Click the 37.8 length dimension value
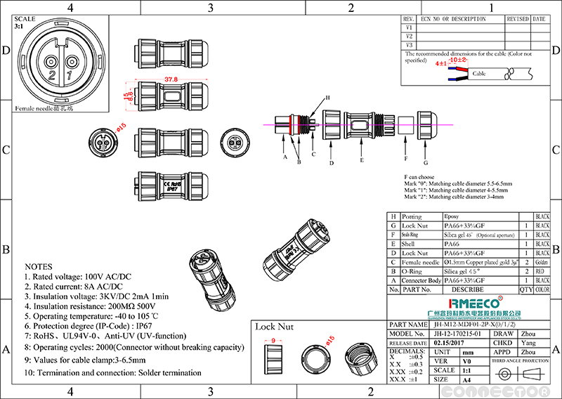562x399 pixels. click(x=171, y=79)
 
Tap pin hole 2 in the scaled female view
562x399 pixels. click(x=51, y=64)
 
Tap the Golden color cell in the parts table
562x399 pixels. click(x=542, y=261)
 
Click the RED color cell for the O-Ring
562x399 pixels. click(x=542, y=270)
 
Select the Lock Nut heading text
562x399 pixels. click(x=275, y=327)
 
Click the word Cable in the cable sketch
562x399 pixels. click(x=478, y=73)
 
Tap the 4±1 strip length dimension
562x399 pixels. click(x=441, y=63)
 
